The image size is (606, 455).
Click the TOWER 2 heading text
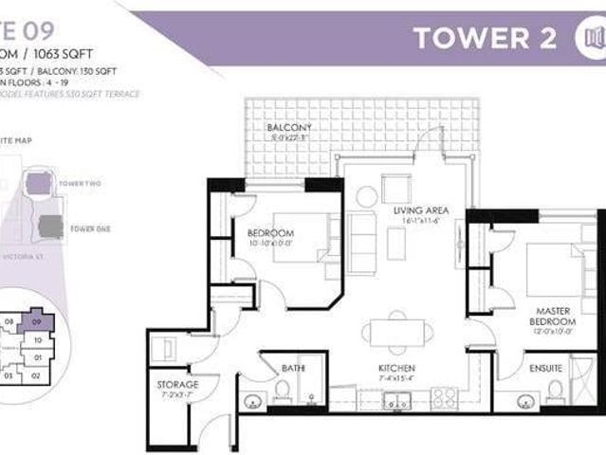487,39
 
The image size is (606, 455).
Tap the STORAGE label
177,384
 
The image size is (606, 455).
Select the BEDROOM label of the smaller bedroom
270,232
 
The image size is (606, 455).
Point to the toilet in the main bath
282,390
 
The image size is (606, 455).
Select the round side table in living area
367,197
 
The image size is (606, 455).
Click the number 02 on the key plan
36,375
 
